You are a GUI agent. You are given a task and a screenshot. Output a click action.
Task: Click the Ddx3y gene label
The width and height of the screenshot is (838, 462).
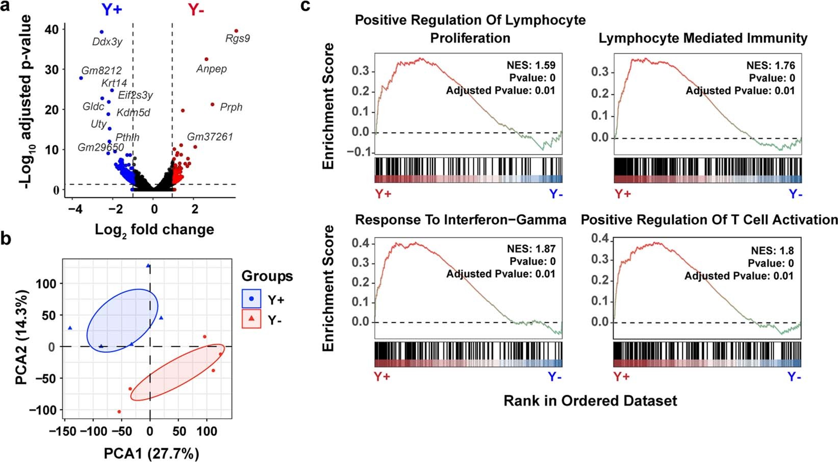pos(107,42)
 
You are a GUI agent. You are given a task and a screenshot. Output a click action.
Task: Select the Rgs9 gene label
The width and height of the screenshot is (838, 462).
pos(238,39)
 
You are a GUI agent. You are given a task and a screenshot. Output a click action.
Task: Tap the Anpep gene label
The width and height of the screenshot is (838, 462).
pos(212,69)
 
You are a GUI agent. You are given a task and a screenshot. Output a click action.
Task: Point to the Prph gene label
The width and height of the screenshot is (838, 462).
pos(231,107)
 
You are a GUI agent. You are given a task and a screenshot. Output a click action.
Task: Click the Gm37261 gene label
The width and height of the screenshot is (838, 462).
pos(210,137)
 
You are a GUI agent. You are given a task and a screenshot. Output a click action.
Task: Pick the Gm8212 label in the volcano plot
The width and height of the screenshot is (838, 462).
pos(101,71)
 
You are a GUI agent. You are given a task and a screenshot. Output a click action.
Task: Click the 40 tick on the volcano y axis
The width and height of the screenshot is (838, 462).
pos(52,30)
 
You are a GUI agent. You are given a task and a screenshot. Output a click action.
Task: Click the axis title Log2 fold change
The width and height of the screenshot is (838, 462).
pos(154,230)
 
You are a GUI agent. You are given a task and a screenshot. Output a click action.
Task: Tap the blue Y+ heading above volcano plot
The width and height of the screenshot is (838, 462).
pos(112,9)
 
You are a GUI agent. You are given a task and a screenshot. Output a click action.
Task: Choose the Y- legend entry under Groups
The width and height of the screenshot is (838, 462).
pos(275,320)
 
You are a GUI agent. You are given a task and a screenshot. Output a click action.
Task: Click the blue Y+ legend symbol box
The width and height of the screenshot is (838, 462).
pos(251,299)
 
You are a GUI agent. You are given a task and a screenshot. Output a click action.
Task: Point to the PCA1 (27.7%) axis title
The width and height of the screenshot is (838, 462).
pos(151,453)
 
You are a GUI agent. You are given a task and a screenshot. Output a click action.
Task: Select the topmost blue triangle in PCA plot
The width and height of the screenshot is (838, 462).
pos(148,266)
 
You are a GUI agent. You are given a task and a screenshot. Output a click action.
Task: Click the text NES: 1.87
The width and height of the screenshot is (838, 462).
pos(531,249)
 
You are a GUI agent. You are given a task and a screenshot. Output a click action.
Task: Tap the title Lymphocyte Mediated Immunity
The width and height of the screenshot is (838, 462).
pos(703,38)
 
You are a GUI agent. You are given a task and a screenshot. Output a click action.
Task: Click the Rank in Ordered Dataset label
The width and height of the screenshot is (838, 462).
pos(590,401)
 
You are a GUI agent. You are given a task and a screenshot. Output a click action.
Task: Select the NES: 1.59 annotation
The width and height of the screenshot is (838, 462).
pos(531,65)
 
